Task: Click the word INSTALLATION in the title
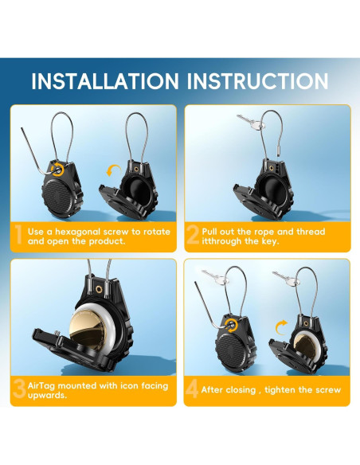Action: pyautogui.click(x=105, y=81)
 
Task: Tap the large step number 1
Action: pyautogui.click(x=18, y=235)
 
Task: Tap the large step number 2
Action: pyautogui.click(x=193, y=235)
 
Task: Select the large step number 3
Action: pyautogui.click(x=20, y=389)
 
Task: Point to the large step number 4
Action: pyautogui.click(x=192, y=389)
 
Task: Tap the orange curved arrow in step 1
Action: pyautogui.click(x=113, y=170)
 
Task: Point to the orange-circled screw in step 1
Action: pyautogui.click(x=57, y=169)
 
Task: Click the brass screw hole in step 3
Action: pyautogui.click(x=98, y=288)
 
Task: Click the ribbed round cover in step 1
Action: pyautogui.click(x=58, y=197)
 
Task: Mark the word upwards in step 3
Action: pyautogui.click(x=47, y=395)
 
